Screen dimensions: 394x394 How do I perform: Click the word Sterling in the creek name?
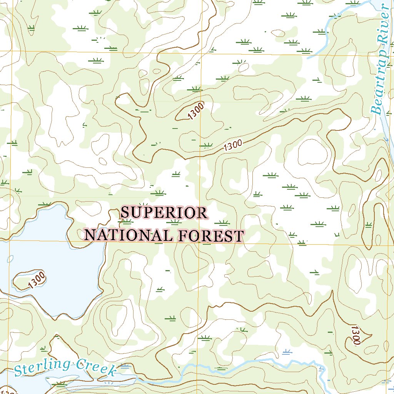pyautogui.click(x=42, y=367)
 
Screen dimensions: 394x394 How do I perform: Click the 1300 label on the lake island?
pyautogui.click(x=37, y=280)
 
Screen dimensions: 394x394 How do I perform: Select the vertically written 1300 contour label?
pyautogui.click(x=355, y=335)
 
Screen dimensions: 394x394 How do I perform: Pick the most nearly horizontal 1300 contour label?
pyautogui.click(x=232, y=145)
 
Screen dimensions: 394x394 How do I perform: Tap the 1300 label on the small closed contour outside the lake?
pyautogui.click(x=196, y=112)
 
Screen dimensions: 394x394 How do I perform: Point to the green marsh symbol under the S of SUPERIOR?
pyautogui.click(x=127, y=222)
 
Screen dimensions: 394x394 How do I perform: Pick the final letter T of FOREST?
pyautogui.click(x=239, y=236)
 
